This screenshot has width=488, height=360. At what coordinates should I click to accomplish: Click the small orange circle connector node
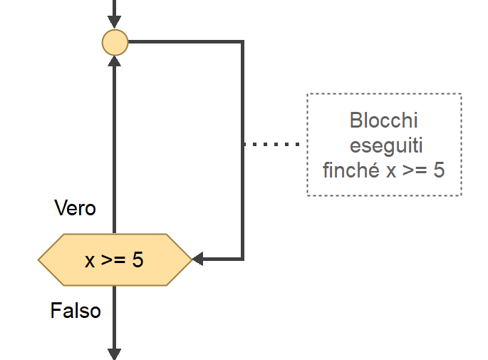pyautogui.click(x=115, y=42)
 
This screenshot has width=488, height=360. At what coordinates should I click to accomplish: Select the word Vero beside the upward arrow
pyautogui.click(x=75, y=208)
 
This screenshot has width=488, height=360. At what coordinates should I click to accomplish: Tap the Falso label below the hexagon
pyautogui.click(x=76, y=311)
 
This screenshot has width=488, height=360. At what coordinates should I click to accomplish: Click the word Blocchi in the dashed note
pyautogui.click(x=384, y=120)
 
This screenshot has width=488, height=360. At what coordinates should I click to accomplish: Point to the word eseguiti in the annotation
pyautogui.click(x=384, y=145)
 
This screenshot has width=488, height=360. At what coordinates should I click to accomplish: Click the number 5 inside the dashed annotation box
pyautogui.click(x=439, y=170)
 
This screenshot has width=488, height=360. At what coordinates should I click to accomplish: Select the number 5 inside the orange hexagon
pyautogui.click(x=138, y=260)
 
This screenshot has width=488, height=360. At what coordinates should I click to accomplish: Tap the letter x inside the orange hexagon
pyautogui.click(x=90, y=261)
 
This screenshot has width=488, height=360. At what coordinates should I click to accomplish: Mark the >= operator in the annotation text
pyautogui.click(x=413, y=171)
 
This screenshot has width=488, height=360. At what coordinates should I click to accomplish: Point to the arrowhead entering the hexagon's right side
pyautogui.click(x=198, y=259)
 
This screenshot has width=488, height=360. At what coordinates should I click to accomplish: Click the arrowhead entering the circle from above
pyautogui.click(x=115, y=24)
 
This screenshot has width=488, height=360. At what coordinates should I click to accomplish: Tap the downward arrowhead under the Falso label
pyautogui.click(x=114, y=354)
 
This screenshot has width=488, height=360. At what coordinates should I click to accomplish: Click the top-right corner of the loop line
pyautogui.click(x=242, y=42)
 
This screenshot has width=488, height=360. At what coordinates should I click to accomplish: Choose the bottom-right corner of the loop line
pyautogui.click(x=242, y=259)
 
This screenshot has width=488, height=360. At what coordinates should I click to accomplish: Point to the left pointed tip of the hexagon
pyautogui.click(x=39, y=260)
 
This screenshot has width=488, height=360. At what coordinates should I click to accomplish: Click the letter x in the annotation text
pyautogui.click(x=390, y=171)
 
